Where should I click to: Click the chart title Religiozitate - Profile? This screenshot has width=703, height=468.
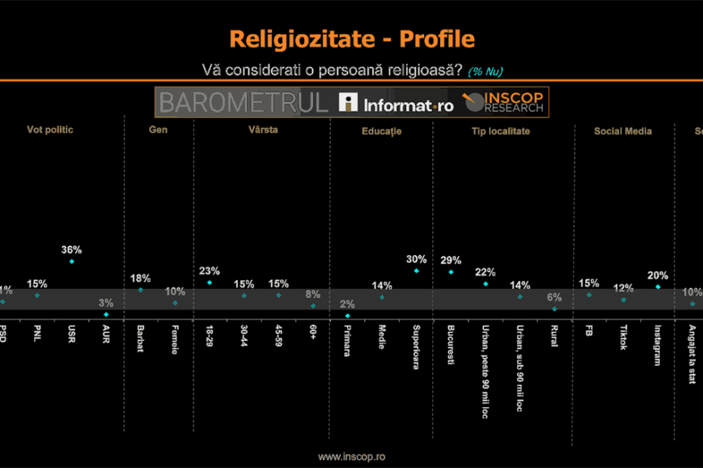click(351, 39)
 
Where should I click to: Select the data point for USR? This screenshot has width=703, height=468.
click(72, 262)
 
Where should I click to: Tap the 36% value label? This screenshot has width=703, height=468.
click(72, 250)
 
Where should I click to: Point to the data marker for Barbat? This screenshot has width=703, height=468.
click(141, 289)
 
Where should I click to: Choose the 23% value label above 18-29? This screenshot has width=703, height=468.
click(209, 271)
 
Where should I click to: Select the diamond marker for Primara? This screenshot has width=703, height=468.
click(348, 316)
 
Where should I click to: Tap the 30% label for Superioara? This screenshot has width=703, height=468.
click(416, 259)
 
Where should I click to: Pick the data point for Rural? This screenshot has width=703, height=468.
click(555, 308)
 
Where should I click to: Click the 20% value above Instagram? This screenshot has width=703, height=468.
click(658, 275)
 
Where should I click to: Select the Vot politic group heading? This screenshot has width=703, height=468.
click(50, 130)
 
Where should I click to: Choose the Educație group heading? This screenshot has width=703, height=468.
click(381, 131)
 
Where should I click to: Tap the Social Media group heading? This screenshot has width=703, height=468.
click(622, 131)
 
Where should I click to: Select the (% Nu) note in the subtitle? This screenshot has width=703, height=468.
click(485, 72)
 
